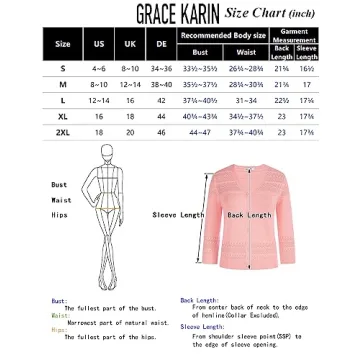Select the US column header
pos(98,45)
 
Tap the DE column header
pos(161,45)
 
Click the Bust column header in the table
pos(200,52)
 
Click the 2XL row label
pos(63,132)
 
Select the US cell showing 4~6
pos(98,68)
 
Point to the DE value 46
pos(161,132)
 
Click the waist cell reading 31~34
pos(246,100)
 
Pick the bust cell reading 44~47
pos(200,132)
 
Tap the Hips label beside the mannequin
pos(59,213)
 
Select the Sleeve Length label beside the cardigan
pos(178,214)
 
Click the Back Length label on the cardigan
pos(249,214)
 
